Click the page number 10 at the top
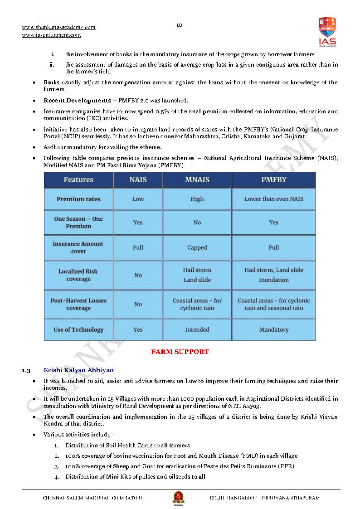click(x=179, y=25)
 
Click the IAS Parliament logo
click(x=327, y=31)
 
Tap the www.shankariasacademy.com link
click(x=58, y=27)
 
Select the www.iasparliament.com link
click(x=51, y=35)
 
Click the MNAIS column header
click(x=197, y=179)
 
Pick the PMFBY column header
click(x=274, y=179)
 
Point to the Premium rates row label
click(x=78, y=199)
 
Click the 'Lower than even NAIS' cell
click(x=274, y=199)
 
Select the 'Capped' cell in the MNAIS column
click(x=197, y=247)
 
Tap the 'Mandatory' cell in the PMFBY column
click(x=274, y=330)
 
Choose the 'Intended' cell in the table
click(x=197, y=330)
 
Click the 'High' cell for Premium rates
click(x=197, y=199)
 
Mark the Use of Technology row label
click(x=78, y=330)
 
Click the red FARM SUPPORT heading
click(x=180, y=352)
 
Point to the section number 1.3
click(x=26, y=371)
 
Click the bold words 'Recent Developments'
click(x=77, y=100)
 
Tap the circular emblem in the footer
click(x=179, y=498)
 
